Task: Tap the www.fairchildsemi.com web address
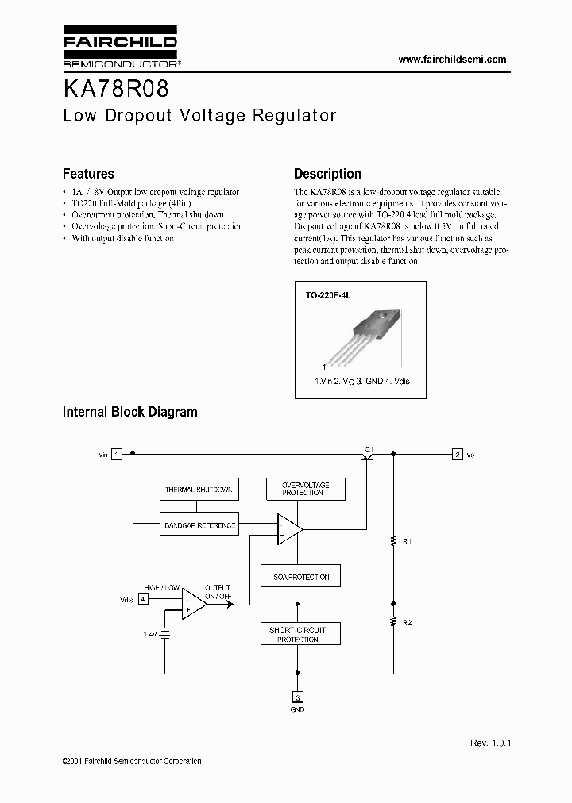[x=451, y=60]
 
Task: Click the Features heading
[x=88, y=174]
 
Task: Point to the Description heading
[x=327, y=174]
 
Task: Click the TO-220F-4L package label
[x=328, y=294]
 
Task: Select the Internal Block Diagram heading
[x=130, y=412]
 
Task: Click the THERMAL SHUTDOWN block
[x=199, y=490]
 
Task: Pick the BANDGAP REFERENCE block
[x=199, y=524]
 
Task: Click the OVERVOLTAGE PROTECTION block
[x=303, y=489]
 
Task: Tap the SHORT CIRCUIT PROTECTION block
[x=298, y=634]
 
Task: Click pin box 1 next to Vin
[x=117, y=455]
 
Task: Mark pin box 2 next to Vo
[x=458, y=455]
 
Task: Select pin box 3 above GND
[x=298, y=698]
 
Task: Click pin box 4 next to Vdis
[x=142, y=599]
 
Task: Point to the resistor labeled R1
[x=393, y=541]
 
